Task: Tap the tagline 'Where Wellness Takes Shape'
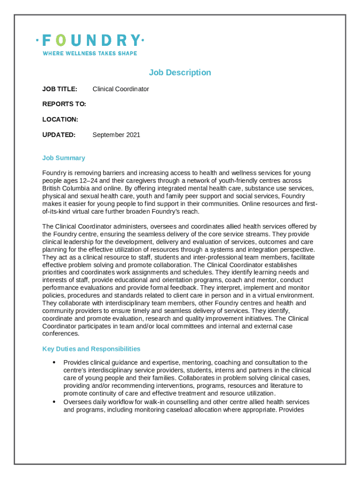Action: tap(90, 53)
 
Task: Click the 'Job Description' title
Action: tap(180, 73)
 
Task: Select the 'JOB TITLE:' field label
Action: tap(60, 89)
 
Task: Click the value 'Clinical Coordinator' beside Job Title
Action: tap(121, 89)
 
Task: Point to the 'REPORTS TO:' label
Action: tap(64, 104)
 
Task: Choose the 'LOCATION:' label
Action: tap(60, 119)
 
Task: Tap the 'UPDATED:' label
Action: tap(59, 135)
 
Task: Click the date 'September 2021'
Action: tap(116, 135)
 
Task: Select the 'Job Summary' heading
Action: tap(64, 158)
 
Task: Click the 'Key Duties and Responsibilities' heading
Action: tap(91, 349)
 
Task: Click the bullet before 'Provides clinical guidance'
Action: tap(54, 363)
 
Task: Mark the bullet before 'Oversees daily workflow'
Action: tap(54, 402)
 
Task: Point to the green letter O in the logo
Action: tap(61, 40)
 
